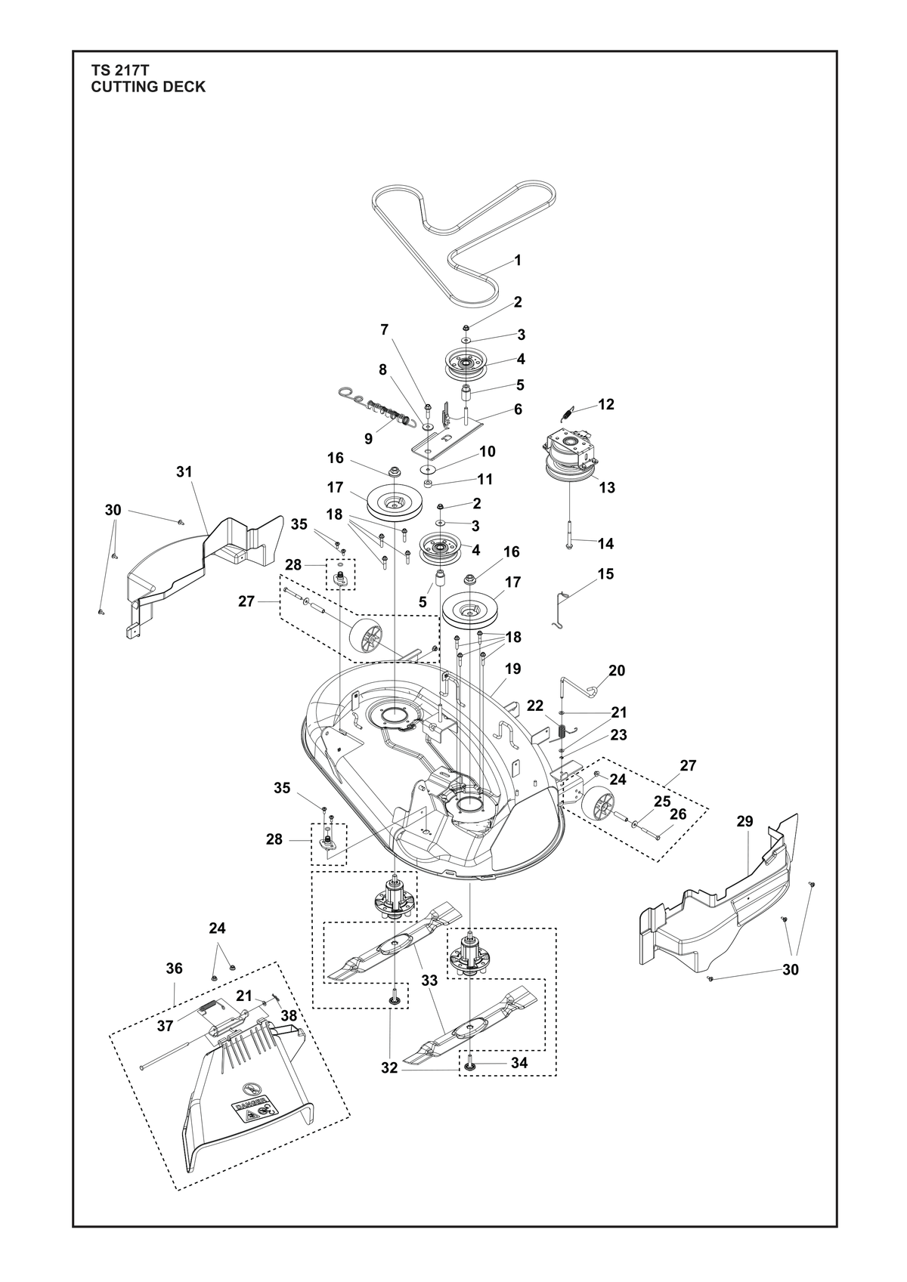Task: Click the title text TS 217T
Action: [x=119, y=71]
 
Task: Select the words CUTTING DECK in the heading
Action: [x=148, y=87]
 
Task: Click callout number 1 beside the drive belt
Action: [x=518, y=261]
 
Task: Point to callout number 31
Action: [x=184, y=472]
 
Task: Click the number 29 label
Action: [x=744, y=822]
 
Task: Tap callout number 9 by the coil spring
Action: [x=368, y=439]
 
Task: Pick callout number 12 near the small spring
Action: [x=606, y=405]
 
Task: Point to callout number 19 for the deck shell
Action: [x=513, y=669]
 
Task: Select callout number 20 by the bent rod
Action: [x=617, y=670]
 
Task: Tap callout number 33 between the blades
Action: [x=429, y=981]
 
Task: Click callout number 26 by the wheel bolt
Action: [x=678, y=814]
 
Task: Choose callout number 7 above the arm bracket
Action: [x=384, y=329]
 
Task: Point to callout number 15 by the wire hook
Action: [x=606, y=574]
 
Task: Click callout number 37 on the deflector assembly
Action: [x=165, y=1027]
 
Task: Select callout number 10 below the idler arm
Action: [x=488, y=452]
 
